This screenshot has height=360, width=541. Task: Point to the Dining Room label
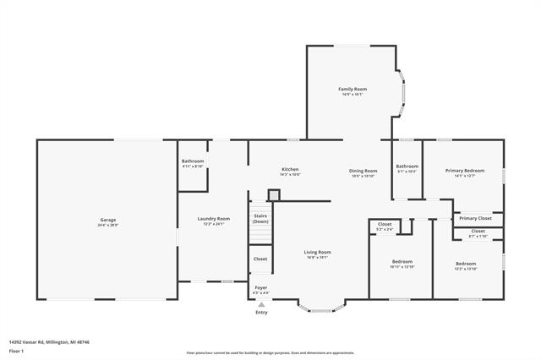point(363,172)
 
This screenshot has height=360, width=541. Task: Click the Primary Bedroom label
point(465,172)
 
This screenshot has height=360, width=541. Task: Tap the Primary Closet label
point(475,218)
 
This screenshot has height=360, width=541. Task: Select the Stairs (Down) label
point(260,218)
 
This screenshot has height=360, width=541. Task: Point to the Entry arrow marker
point(261,304)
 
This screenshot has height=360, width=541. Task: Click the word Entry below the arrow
point(261,312)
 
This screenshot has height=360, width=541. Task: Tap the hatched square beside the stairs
point(273,194)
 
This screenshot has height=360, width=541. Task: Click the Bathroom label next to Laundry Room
point(193,163)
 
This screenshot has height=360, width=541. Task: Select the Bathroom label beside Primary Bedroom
point(407,167)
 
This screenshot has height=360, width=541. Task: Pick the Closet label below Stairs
point(260,259)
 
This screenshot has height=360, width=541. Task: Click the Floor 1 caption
point(16,350)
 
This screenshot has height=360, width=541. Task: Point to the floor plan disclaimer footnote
point(270,352)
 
